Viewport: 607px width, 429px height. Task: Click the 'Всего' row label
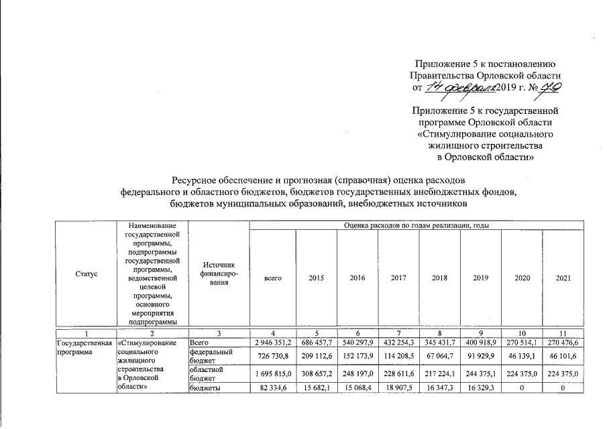click(201, 343)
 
